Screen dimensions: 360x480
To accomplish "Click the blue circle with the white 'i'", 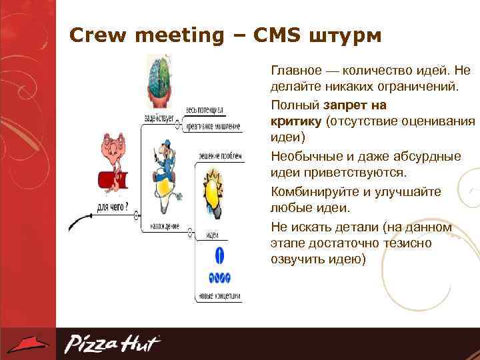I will pyautogui.click(x=219, y=255).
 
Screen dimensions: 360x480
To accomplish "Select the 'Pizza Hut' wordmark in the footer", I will pyautogui.click(x=112, y=344).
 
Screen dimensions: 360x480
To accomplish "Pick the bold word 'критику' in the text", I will pyautogui.click(x=296, y=121).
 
